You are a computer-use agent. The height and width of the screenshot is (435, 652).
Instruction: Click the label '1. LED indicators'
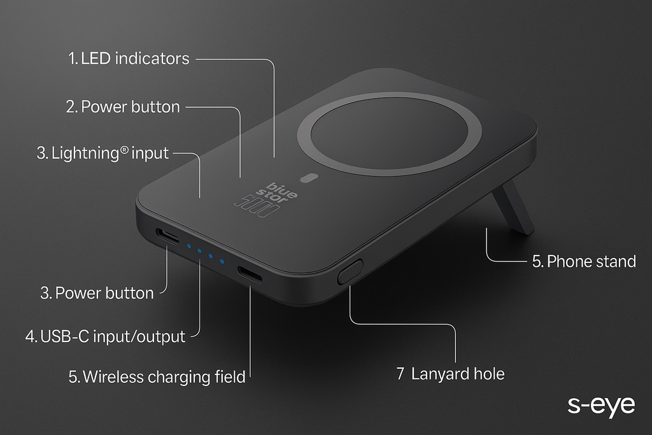[129, 59]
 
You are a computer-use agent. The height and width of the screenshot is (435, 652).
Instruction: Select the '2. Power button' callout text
[123, 106]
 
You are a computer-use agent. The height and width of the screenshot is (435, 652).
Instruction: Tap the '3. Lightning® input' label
[103, 153]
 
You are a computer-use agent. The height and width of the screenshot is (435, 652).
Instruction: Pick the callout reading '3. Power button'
[97, 293]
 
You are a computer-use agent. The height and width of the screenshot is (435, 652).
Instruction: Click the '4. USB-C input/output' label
[105, 336]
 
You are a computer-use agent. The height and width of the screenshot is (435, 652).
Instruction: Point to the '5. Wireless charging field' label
[157, 376]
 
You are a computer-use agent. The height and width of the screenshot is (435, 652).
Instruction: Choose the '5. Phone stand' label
[584, 261]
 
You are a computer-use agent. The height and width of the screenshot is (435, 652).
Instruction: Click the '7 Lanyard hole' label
[450, 374]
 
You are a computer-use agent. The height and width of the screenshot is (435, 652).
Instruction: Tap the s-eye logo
[601, 406]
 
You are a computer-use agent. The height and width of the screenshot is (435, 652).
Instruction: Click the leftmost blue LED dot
[188, 246]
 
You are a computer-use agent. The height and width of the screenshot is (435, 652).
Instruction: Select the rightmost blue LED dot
[222, 260]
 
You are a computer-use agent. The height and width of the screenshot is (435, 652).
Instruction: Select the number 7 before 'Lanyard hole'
[400, 374]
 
